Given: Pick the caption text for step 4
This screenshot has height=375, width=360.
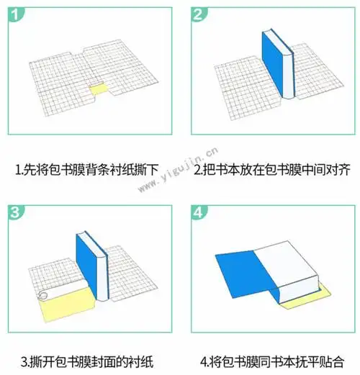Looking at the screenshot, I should pos(271,360).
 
